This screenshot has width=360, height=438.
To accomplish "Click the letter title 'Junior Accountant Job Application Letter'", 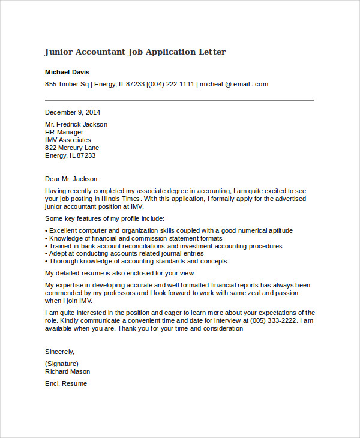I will pyautogui.click(x=135, y=52).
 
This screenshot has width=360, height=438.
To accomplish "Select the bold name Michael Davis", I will pyautogui.click(x=67, y=72).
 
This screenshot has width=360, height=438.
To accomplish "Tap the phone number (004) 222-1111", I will pyautogui.click(x=172, y=84).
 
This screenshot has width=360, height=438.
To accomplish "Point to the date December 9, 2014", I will pyautogui.click(x=73, y=112).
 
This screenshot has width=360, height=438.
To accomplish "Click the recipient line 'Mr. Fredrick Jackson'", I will pyautogui.click(x=76, y=124).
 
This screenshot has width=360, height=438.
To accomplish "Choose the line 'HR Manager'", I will pyautogui.click(x=64, y=132).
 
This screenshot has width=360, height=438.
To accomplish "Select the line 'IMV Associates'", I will pyautogui.click(x=68, y=140).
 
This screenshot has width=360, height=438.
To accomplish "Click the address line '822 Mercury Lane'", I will pyautogui.click(x=72, y=148).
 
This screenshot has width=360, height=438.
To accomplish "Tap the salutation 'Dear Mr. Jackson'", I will pyautogui.click(x=71, y=179).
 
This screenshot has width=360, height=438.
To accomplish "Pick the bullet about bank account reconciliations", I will pyautogui.click(x=164, y=246).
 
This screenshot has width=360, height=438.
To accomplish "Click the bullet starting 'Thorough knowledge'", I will pyautogui.click(x=136, y=262).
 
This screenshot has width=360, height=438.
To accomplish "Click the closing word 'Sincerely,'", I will pyautogui.click(x=60, y=352).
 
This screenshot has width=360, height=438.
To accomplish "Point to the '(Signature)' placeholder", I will pyautogui.click(x=62, y=364).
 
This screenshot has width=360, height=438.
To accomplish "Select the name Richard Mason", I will pyautogui.click(x=68, y=371).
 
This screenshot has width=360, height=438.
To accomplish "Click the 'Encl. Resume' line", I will pyautogui.click(x=66, y=383).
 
